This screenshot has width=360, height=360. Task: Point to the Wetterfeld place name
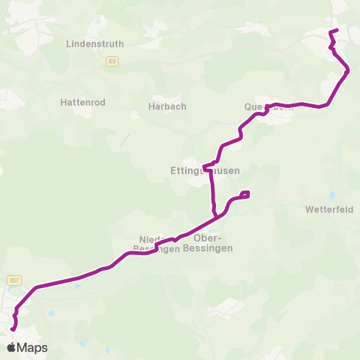pyautogui.click(x=329, y=209)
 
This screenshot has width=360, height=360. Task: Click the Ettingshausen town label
pyautogui.click(x=205, y=171)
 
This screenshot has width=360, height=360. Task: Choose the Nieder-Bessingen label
pyautogui.click(x=157, y=244)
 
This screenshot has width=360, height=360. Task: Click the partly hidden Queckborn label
pyautogui.click(x=265, y=107)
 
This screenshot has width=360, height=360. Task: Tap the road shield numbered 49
pyautogui.click(x=111, y=61)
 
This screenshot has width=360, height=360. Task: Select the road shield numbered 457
pyautogui.click(x=14, y=280)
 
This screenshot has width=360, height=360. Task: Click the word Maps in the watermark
pyautogui.click(x=33, y=348)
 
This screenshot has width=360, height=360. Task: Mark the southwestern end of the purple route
pyautogui.click(x=11, y=329)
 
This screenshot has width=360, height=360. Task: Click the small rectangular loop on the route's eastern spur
pyautogui.click(x=245, y=195)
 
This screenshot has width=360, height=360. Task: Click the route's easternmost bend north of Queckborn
pyautogui.click(x=348, y=71)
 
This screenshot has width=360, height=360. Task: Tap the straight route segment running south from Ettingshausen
pyautogui.click(x=212, y=187)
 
